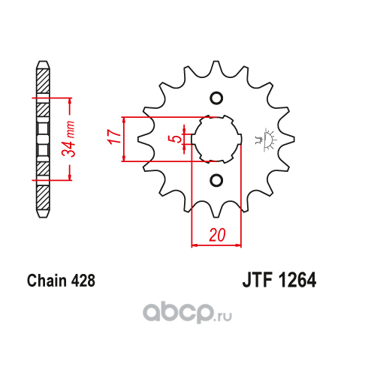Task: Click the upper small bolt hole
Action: click(x=216, y=98)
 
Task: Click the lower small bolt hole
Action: click(x=216, y=180)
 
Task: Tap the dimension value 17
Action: click(x=114, y=137)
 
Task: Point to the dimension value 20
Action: click(x=217, y=235)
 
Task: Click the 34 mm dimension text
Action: click(x=68, y=139)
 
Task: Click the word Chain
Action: click(x=47, y=280)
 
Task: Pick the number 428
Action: click(x=83, y=281)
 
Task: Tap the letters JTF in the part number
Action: click(x=258, y=280)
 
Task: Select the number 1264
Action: click(x=297, y=280)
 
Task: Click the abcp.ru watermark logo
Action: click(x=187, y=313)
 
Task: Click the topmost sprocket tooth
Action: click(x=216, y=67)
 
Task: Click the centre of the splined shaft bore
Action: click(x=216, y=139)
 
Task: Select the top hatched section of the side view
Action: click(x=43, y=81)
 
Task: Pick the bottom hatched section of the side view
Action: click(x=43, y=198)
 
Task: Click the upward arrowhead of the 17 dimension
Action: click(x=124, y=121)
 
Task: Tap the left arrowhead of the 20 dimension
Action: click(x=195, y=245)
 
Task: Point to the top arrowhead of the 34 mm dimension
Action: click(x=70, y=102)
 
